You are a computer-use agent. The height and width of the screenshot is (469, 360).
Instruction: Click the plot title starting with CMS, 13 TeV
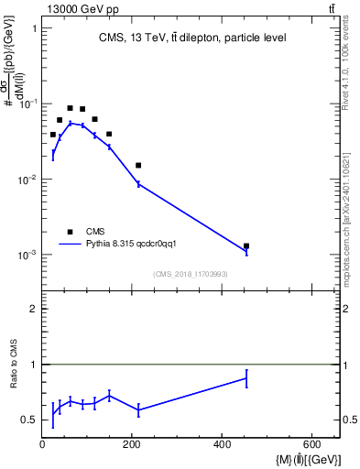191,38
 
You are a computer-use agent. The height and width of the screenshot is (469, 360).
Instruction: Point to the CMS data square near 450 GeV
246,245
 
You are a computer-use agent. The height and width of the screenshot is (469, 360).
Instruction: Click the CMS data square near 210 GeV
138,165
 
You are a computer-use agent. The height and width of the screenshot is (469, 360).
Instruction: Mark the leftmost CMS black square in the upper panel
53,134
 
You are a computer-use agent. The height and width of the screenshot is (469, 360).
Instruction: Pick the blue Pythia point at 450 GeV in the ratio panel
246,377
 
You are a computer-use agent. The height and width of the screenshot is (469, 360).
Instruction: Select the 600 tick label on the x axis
312,445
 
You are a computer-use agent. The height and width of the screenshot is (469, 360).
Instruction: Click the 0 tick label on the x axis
42,445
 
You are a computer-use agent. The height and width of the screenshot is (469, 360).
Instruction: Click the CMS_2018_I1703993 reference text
191,273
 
